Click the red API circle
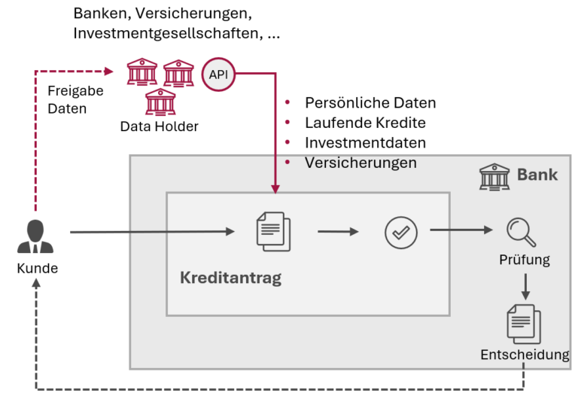pyautogui.click(x=219, y=75)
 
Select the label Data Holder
pyautogui.click(x=159, y=126)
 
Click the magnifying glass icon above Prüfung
pyautogui.click(x=521, y=232)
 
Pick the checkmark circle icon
pyautogui.click(x=400, y=232)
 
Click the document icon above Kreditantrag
pyautogui.click(x=272, y=231)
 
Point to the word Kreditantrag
pyautogui.click(x=230, y=278)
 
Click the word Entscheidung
pyautogui.click(x=525, y=354)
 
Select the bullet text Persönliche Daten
pyautogui.click(x=370, y=103)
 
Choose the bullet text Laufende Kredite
pyautogui.click(x=365, y=123)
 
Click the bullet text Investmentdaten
pyautogui.click(x=365, y=142)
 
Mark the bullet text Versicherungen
pyautogui.click(x=360, y=162)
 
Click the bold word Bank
pyautogui.click(x=537, y=175)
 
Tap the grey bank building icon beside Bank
pyautogui.click(x=494, y=176)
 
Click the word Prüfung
pyautogui.click(x=525, y=260)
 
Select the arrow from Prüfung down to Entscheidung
pyautogui.click(x=525, y=286)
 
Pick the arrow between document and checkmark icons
pyautogui.click(x=338, y=232)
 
